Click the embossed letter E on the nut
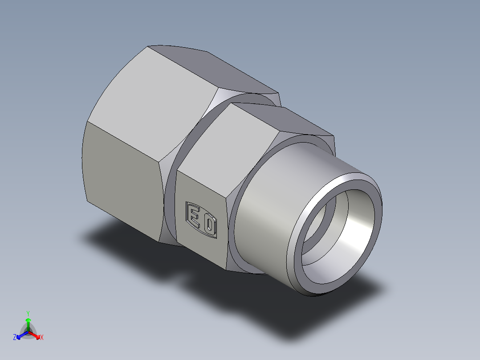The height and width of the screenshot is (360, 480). point(194,216)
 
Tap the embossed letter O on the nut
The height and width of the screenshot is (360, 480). point(209,226)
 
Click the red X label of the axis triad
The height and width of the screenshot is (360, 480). point(41,338)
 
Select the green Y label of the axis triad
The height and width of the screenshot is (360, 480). point(28,313)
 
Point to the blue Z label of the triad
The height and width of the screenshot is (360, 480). point(15,338)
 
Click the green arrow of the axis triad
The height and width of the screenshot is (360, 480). point(28,323)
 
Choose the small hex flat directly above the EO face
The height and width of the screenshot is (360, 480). point(227,143)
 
